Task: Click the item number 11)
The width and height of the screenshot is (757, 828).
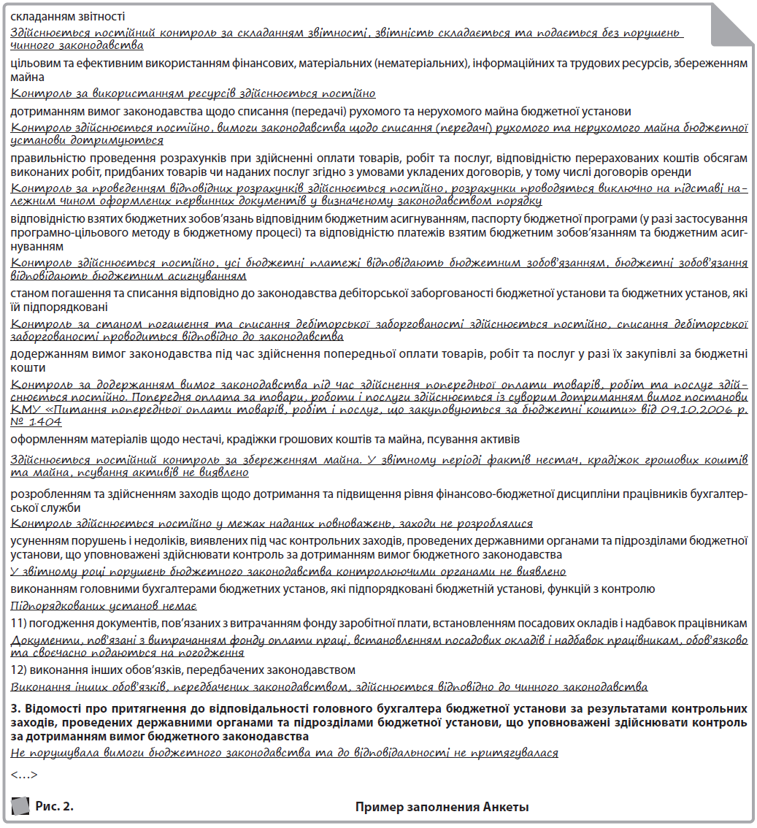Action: [20, 624]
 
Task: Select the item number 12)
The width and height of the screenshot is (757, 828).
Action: [20, 670]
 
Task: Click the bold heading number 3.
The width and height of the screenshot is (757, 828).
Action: [15, 708]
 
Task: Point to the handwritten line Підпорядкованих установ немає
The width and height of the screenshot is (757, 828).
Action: [104, 606]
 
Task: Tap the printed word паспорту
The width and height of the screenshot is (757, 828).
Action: [436, 219]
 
